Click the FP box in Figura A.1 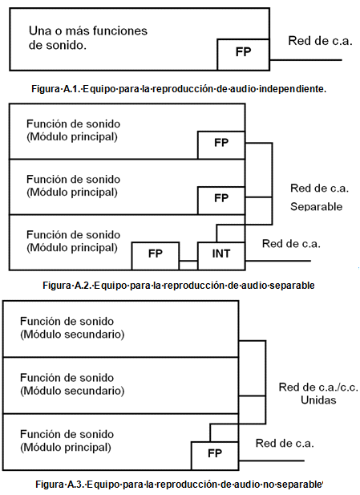[243, 55]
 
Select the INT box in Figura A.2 [221, 256]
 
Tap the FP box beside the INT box [156, 256]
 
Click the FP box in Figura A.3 [215, 456]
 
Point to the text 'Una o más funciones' [88, 31]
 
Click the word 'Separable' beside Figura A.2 [316, 206]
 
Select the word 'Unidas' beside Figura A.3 [318, 400]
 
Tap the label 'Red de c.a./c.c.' [318, 387]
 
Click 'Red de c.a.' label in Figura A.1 [320, 41]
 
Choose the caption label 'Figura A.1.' [56, 89]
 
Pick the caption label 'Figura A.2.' [67, 286]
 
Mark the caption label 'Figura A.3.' [60, 484]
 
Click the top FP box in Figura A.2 [221, 145]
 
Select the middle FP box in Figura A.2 [221, 201]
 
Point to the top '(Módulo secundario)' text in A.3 [72, 335]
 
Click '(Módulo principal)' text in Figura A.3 [66, 448]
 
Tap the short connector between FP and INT [188, 261]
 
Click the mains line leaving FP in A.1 [305, 59]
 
